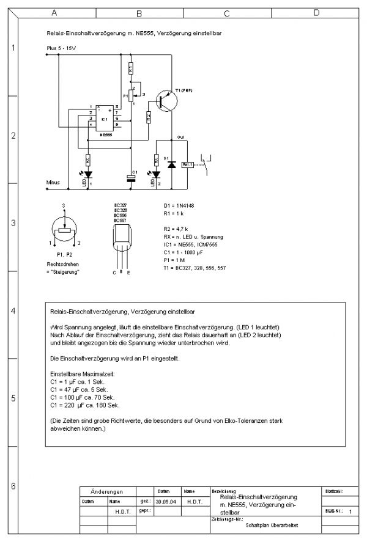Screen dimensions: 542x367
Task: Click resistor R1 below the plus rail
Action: click(x=130, y=70)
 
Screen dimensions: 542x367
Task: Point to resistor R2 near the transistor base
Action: click(x=148, y=116)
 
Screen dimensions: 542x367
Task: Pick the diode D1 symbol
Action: click(x=171, y=164)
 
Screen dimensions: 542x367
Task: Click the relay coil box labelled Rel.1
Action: click(x=188, y=164)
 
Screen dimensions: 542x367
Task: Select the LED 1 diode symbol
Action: click(x=88, y=175)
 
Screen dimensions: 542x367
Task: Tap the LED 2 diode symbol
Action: click(x=157, y=175)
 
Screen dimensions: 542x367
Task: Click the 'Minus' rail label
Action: click(x=53, y=182)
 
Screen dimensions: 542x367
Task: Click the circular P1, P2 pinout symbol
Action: click(x=63, y=231)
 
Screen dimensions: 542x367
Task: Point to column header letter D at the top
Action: click(x=316, y=12)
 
